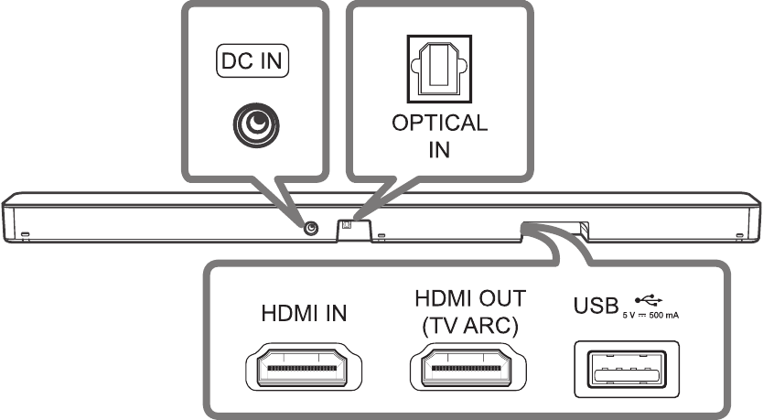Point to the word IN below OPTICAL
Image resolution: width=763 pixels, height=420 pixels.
(x=440, y=150)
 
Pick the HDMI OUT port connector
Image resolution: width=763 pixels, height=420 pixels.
(x=469, y=370)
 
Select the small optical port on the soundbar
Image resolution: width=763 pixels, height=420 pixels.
(x=347, y=224)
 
